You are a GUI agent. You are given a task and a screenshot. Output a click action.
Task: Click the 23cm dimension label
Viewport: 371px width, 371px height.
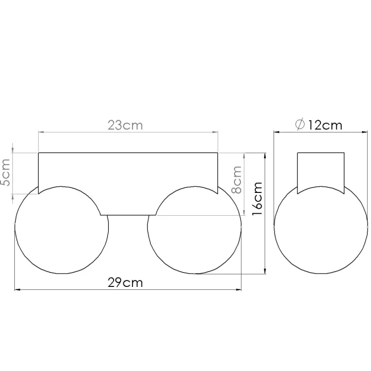click(x=125, y=125)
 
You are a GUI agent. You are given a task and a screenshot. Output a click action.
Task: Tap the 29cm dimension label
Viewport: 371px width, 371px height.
click(x=125, y=282)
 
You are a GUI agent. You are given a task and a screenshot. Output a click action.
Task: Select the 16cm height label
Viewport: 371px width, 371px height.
click(x=257, y=198)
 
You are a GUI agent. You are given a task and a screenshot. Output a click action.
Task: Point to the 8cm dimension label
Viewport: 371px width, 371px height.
click(x=236, y=180)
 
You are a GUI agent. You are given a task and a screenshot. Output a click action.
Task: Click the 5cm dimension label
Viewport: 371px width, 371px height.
click(x=5, y=172)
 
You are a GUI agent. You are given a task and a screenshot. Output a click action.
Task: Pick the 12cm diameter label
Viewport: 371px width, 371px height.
click(x=325, y=125)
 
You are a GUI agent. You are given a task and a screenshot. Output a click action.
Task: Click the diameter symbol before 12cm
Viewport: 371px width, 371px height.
click(x=300, y=125)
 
